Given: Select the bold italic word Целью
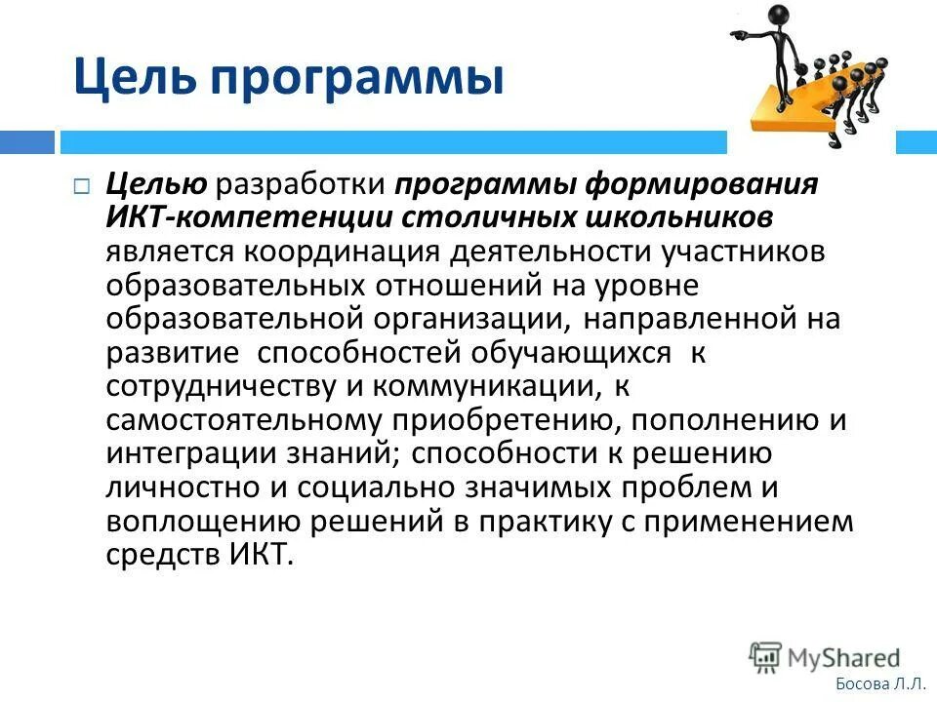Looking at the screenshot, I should point(155,184).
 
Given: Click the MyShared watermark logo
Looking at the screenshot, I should point(825,657).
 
